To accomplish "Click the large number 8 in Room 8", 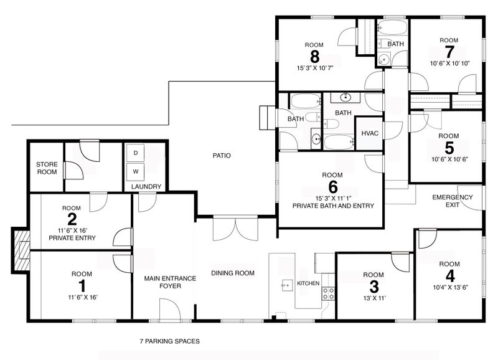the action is coord(315,57).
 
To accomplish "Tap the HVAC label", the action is coord(370,133).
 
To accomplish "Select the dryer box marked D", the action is coord(136,153).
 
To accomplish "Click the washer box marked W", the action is coord(136,171).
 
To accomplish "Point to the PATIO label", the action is coord(222,155).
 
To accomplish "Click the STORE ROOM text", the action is coord(47,168).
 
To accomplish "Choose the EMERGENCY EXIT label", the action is coord(453,201).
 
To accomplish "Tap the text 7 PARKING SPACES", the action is coord(170,341).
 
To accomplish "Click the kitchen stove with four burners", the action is coord(329,293).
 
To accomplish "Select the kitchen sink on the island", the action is coord(287,286).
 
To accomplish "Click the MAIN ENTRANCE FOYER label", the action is coord(170,282).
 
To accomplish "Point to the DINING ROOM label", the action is coord(233,273).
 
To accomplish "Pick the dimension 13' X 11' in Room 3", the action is coord(375,298).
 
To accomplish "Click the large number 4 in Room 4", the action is coord(450,276).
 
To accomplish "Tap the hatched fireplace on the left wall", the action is coord(21,250).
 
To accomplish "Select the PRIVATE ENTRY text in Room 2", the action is coord(72,238).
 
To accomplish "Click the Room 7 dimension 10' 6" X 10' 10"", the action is coord(449,64).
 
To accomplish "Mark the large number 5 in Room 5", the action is coord(449,148).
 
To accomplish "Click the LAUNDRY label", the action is coord(146,186).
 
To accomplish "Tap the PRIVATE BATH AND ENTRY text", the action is coord(333,206).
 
